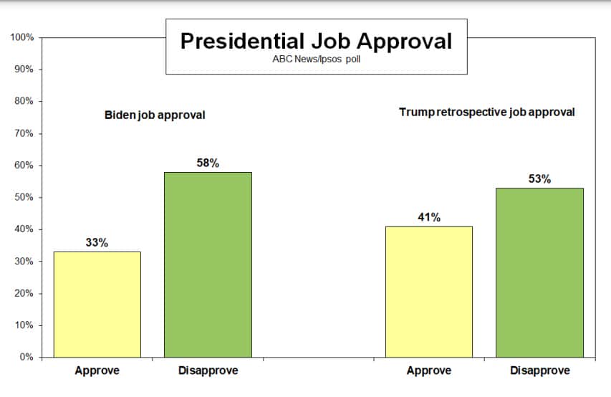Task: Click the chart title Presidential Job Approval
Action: tap(316, 41)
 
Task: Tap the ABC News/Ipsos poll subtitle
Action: tap(316, 59)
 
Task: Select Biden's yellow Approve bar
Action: tap(97, 304)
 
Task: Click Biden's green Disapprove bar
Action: tap(208, 264)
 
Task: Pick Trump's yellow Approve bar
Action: tap(429, 292)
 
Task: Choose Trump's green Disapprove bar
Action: tap(539, 272)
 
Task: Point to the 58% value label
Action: tap(208, 163)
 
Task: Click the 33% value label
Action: tap(97, 243)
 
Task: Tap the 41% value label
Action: tap(429, 218)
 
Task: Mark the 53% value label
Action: tap(539, 179)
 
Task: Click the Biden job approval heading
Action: tap(155, 115)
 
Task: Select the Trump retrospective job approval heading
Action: tap(487, 113)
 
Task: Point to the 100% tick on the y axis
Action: tap(22, 37)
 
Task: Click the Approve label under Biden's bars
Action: tap(97, 370)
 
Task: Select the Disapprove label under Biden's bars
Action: tap(208, 370)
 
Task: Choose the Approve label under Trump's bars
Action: tap(429, 370)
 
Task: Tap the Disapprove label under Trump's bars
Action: tap(539, 370)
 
